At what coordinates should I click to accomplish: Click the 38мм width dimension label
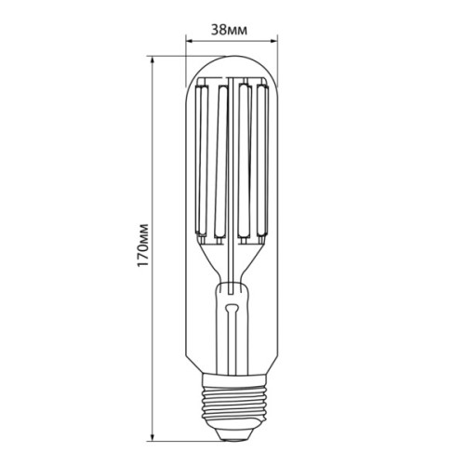point(232,29)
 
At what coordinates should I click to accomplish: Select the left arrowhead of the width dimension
point(190,41)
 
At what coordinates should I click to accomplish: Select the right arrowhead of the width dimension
point(275,41)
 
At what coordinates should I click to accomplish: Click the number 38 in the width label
point(221,29)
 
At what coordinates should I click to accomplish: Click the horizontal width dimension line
point(232,41)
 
